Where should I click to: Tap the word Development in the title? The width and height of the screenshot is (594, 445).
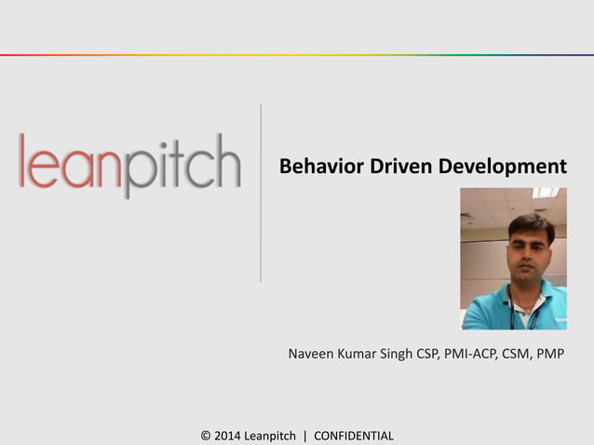(503, 168)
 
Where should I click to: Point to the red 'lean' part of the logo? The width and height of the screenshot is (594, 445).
(71, 163)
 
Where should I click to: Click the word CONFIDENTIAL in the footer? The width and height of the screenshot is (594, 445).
(354, 436)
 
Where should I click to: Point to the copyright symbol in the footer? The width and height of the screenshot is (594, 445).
(206, 436)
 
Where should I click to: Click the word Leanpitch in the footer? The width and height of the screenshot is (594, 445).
(270, 436)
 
